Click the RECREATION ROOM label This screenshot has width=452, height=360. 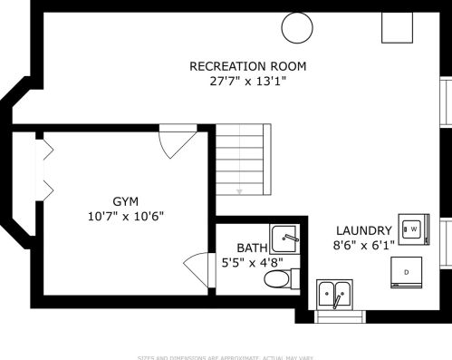point(247,66)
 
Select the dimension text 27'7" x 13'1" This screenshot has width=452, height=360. point(247,81)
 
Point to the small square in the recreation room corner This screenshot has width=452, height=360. point(395,28)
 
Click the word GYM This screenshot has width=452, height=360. point(126,200)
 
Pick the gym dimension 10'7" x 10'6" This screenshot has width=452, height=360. point(126,216)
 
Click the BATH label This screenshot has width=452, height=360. point(252,248)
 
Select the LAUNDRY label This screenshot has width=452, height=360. point(363,230)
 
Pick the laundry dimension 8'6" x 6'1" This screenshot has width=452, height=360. point(363,245)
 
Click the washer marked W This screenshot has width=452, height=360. point(414,229)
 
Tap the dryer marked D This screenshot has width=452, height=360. point(407,271)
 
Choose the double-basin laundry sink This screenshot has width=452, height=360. point(335,295)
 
